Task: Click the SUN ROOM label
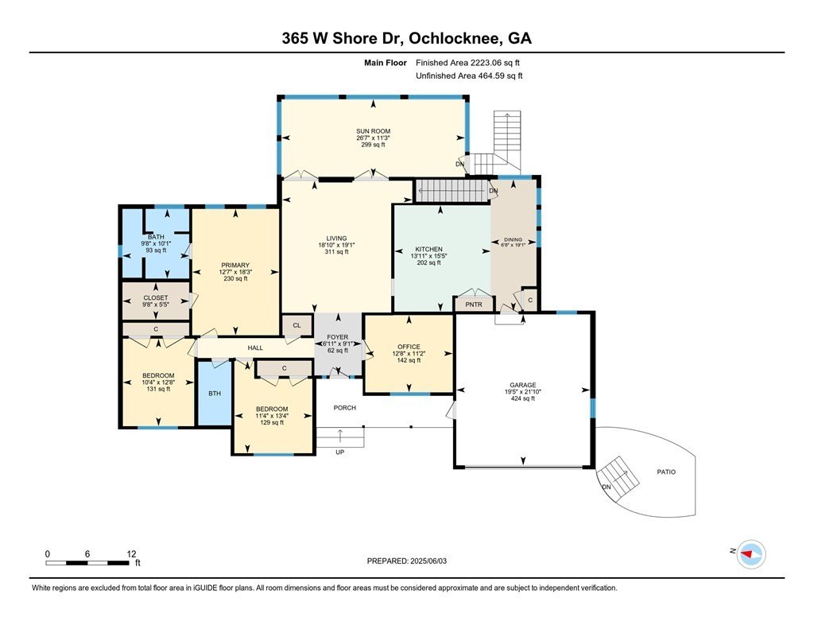(373, 131)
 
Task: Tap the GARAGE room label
(523, 385)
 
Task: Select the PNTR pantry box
(474, 305)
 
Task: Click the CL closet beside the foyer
(297, 326)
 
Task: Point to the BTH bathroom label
(215, 394)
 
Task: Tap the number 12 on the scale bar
(131, 554)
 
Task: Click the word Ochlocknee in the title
(455, 38)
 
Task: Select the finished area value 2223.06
(486, 63)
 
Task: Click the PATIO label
(666, 472)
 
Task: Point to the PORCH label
(345, 408)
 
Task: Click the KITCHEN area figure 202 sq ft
(428, 263)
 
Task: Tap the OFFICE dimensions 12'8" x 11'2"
(409, 354)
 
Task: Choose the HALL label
(255, 348)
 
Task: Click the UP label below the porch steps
(340, 452)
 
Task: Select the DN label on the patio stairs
(607, 487)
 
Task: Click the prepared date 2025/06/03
(428, 561)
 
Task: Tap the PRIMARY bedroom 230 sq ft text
(235, 278)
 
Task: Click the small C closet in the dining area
(530, 301)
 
